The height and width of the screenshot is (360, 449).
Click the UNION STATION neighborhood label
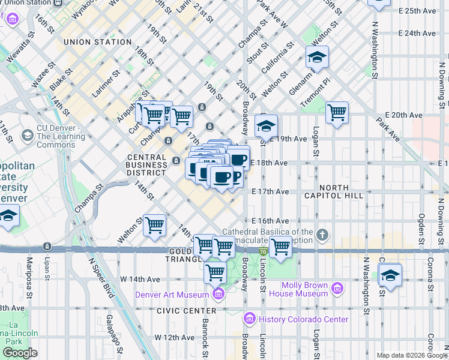point(97,42)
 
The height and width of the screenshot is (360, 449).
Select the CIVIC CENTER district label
point(186,311)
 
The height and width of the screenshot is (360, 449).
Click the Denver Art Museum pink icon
point(217,294)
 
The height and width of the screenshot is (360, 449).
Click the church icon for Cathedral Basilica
point(322,234)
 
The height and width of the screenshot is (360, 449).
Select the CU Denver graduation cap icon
point(26,135)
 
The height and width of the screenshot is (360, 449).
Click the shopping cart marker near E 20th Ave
point(337,112)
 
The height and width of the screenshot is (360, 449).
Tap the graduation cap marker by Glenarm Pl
point(316,58)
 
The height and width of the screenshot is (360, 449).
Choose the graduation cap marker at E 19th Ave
point(265,126)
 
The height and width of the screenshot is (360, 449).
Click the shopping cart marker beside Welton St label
point(155,226)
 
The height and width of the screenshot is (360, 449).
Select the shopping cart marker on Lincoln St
point(280,246)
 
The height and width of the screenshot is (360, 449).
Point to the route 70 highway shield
point(263,251)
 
